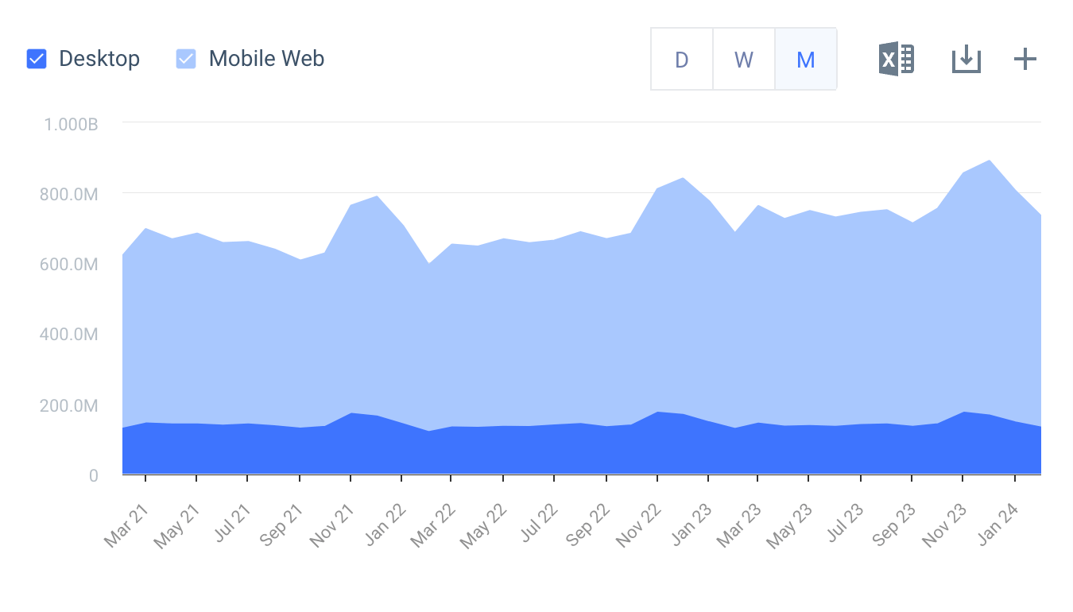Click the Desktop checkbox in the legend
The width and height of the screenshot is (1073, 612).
(x=37, y=59)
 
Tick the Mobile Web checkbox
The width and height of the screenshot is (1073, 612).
(x=186, y=59)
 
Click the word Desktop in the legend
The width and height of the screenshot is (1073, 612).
(x=99, y=59)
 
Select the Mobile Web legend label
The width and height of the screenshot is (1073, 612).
(x=266, y=59)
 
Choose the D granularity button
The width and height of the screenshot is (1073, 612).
(x=681, y=60)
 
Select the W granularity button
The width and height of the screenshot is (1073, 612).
(x=743, y=60)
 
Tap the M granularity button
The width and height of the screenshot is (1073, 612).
(x=805, y=60)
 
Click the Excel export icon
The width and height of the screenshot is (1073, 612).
(x=896, y=59)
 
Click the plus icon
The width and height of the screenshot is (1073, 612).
(x=1025, y=59)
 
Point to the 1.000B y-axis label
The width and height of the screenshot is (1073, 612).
(x=71, y=124)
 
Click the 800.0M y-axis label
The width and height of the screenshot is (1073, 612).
(x=69, y=194)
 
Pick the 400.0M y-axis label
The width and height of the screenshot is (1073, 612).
(x=69, y=335)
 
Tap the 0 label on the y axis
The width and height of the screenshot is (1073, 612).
(x=93, y=475)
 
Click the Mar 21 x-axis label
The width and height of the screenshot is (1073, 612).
(x=127, y=525)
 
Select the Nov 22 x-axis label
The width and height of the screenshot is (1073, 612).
(x=638, y=525)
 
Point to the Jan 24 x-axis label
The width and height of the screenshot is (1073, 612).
(x=996, y=525)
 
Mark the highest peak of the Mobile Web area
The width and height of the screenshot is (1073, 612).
(x=989, y=161)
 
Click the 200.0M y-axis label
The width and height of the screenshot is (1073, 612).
(x=69, y=405)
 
